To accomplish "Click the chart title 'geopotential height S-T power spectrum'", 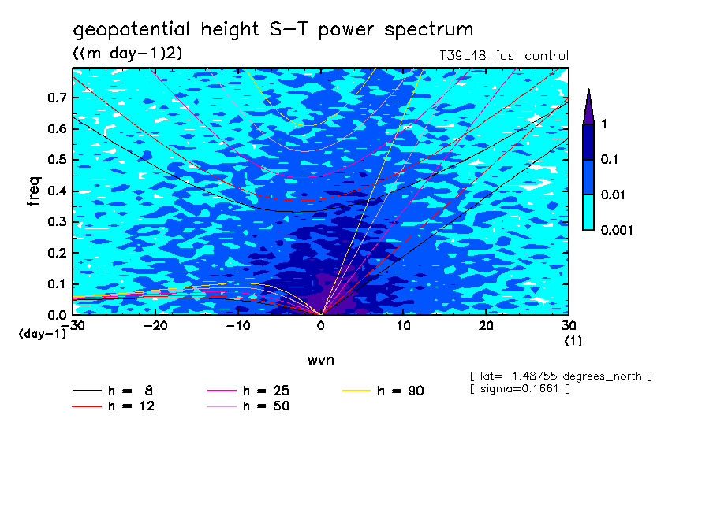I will pyautogui.click(x=273, y=30).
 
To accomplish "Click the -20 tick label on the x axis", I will pyautogui.click(x=155, y=326).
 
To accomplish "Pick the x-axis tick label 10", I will pyautogui.click(x=403, y=326).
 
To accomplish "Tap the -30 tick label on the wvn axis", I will pyautogui.click(x=73, y=326).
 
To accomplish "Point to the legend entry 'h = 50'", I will pyautogui.click(x=266, y=406).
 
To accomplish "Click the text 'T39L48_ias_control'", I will pyautogui.click(x=504, y=56).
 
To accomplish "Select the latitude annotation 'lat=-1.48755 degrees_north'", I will pyautogui.click(x=560, y=376).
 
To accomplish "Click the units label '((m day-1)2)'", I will pyautogui.click(x=128, y=53).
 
